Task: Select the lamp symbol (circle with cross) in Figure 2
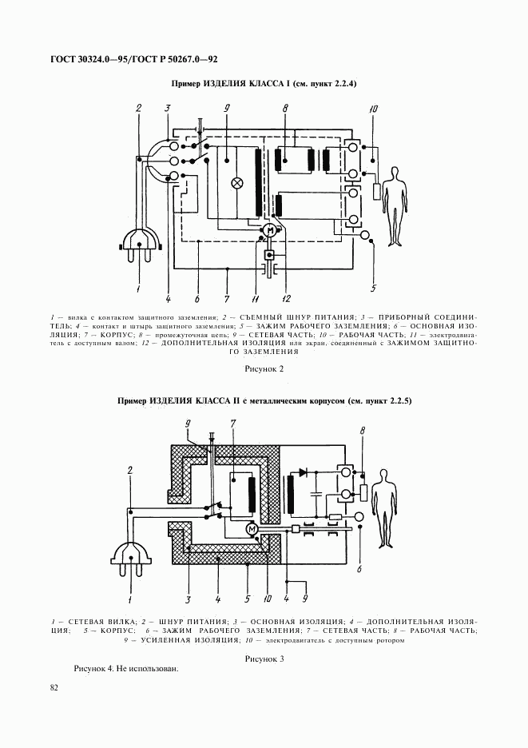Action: point(236,183)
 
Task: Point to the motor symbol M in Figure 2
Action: point(270,231)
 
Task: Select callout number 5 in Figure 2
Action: point(373,288)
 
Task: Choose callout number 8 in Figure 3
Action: point(363,432)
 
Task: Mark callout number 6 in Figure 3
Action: point(359,569)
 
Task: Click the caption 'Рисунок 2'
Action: point(264,369)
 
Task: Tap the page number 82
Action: point(54,686)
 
